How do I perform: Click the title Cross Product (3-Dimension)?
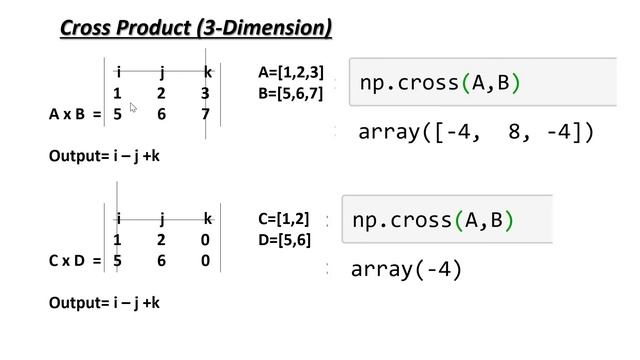coord(196,27)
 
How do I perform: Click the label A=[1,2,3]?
coord(291,72)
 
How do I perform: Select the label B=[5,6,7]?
coord(291,94)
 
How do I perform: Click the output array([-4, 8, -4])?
coord(476,131)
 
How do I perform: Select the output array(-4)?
coord(406,269)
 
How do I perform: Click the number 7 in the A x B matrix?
coord(206,114)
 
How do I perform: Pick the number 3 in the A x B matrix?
coord(205,94)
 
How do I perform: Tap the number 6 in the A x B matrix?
coord(161,114)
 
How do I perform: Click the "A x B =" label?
coord(75,114)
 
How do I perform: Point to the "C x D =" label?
coord(75,261)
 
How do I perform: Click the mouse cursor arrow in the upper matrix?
coord(133,107)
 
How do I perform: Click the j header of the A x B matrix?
coord(161,72)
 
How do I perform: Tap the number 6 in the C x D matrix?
coord(161,261)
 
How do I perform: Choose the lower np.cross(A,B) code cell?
coord(447,220)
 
